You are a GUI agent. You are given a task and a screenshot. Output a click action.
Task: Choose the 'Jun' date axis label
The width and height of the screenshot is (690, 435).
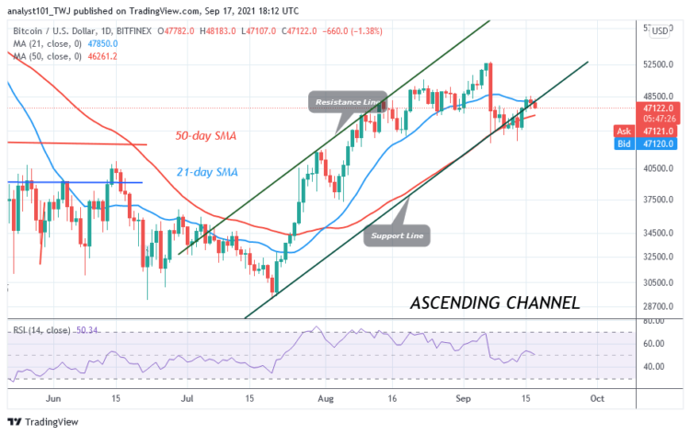click(x=52, y=399)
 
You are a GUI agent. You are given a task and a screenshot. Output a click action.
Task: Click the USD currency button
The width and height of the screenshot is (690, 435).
click(x=660, y=31)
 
